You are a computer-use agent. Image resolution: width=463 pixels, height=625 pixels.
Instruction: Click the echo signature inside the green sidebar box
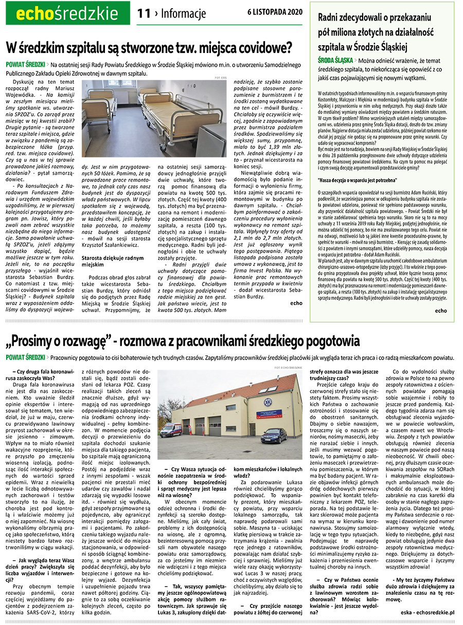(441, 311)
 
